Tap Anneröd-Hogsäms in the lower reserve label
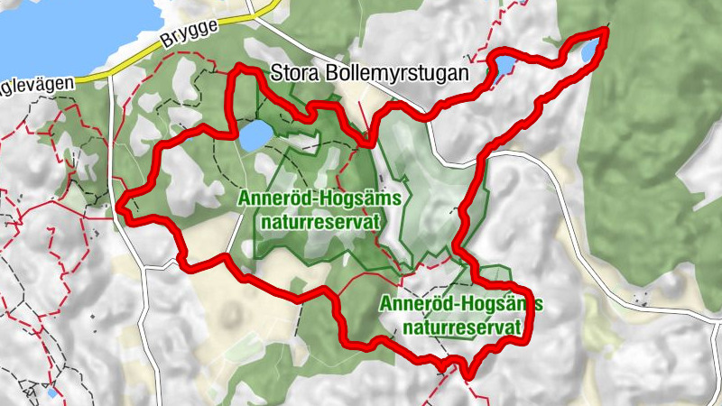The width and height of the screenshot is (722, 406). pyautogui.click(x=460, y=304)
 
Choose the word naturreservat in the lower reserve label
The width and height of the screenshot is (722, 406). pyautogui.click(x=465, y=327)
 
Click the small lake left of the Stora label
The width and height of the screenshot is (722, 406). pyautogui.click(x=255, y=135)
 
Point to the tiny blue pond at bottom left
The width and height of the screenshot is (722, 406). pyautogui.click(x=51, y=392)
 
